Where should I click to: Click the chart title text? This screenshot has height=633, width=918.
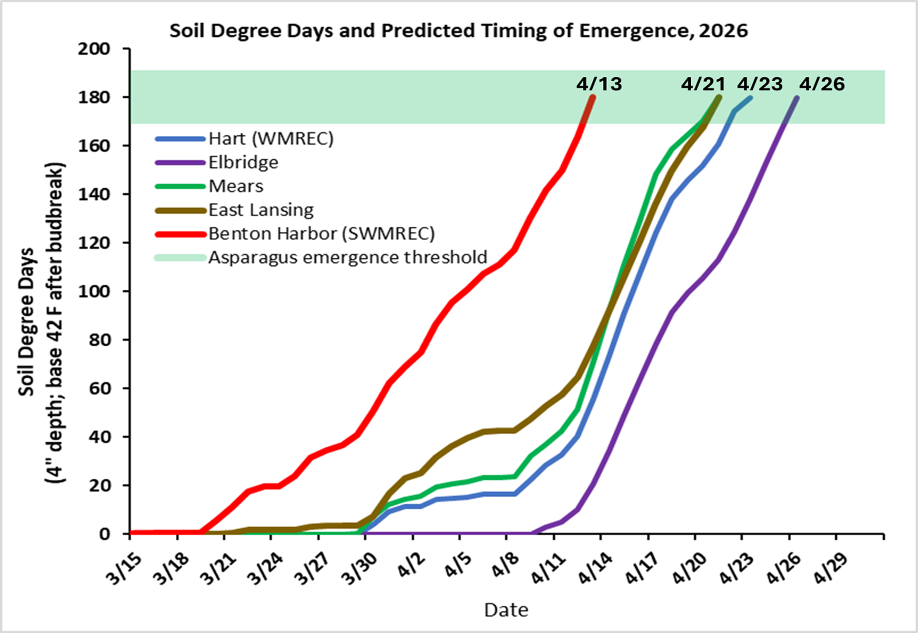click(458, 31)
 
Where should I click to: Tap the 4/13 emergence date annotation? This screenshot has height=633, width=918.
click(599, 84)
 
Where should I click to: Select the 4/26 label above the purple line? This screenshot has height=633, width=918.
click(822, 84)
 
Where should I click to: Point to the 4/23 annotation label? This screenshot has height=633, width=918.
click(759, 84)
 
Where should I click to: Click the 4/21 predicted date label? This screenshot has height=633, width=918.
click(703, 84)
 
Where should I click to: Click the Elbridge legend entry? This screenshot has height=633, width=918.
click(243, 162)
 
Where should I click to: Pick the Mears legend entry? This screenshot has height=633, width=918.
click(236, 186)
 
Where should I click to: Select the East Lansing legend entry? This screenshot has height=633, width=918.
click(260, 209)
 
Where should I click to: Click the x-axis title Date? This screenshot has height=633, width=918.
click(506, 610)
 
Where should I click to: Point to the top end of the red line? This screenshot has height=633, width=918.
click(593, 97)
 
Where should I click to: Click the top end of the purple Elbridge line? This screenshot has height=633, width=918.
click(796, 97)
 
